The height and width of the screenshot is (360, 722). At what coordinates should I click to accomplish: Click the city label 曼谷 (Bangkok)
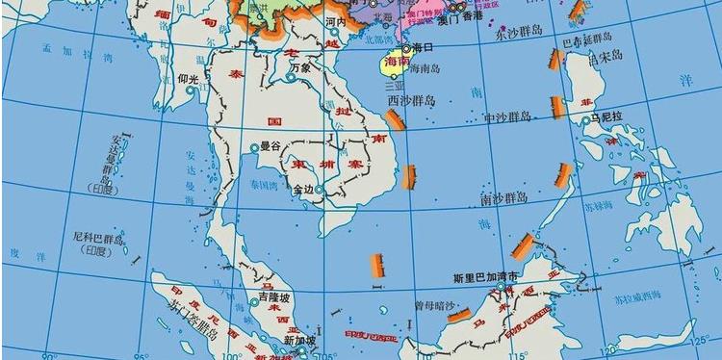pyautogui.click(x=270, y=146)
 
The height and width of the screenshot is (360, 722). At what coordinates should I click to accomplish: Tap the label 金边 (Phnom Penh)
pyautogui.click(x=304, y=189)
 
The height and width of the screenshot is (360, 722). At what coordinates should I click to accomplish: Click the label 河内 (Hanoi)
pyautogui.click(x=335, y=20)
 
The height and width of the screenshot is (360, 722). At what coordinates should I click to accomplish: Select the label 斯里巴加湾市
pyautogui.click(x=486, y=275)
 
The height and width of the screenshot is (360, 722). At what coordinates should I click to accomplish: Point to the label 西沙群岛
pyautogui.click(x=412, y=99)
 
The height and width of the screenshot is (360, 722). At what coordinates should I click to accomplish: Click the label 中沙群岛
pyautogui.click(x=507, y=116)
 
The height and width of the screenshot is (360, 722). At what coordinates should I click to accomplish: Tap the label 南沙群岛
pyautogui.click(x=503, y=198)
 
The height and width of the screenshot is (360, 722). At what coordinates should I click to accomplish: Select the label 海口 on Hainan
pyautogui.click(x=424, y=47)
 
